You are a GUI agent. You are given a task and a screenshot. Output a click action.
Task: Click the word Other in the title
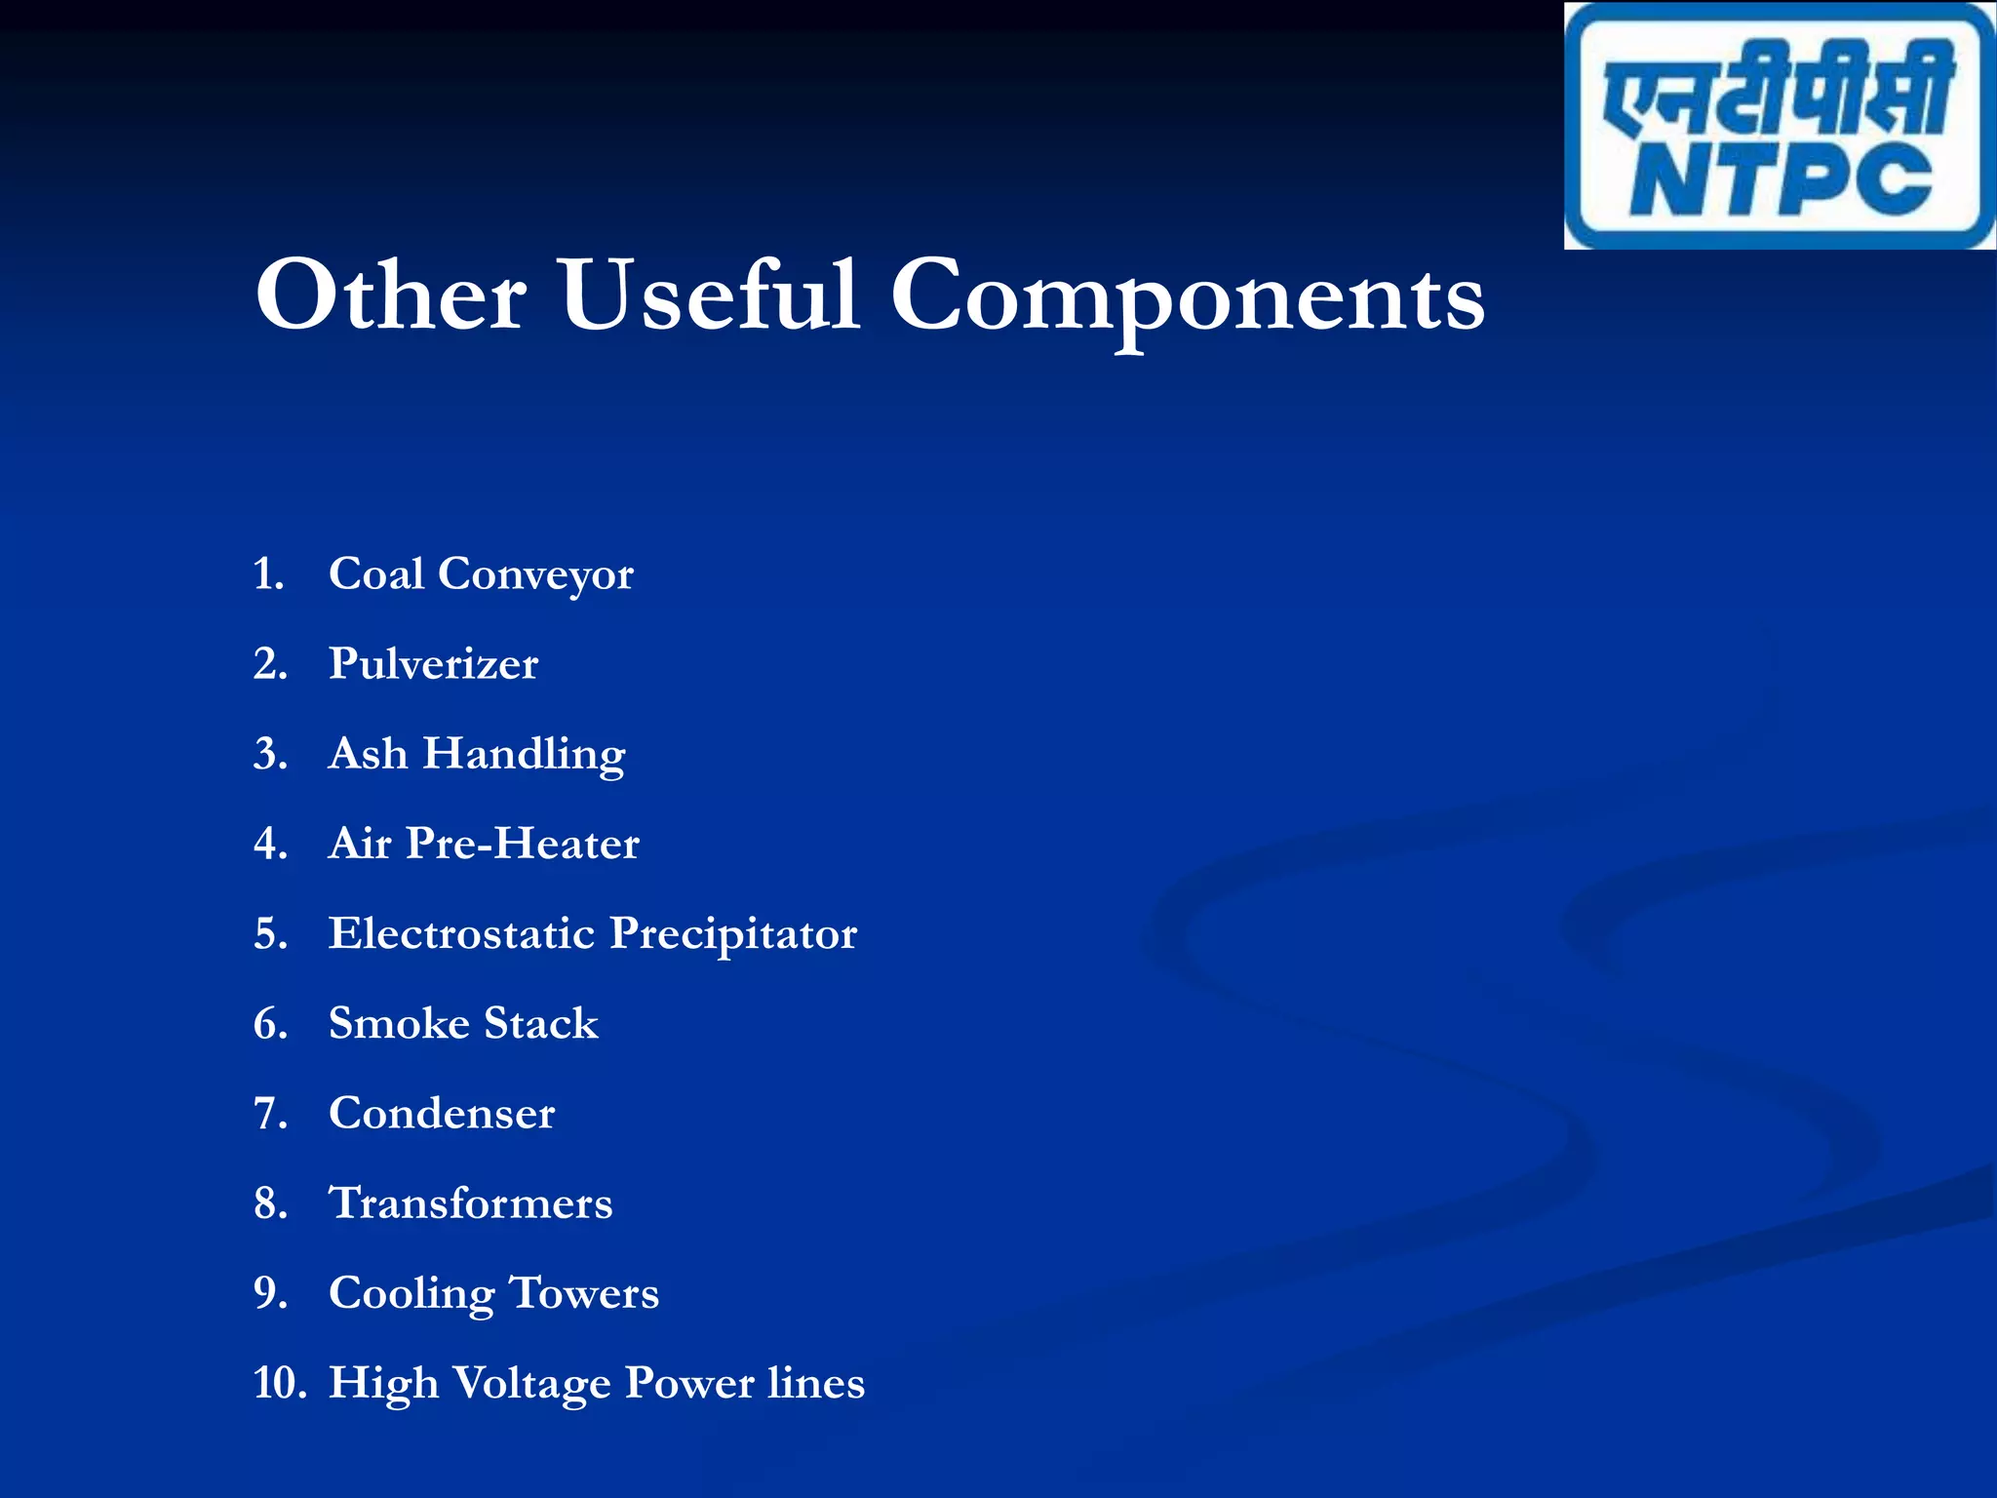(390, 296)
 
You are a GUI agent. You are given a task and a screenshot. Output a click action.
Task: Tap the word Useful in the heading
(709, 296)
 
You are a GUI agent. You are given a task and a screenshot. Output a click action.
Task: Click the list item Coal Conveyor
(481, 574)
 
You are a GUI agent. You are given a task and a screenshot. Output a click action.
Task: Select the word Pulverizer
(433, 664)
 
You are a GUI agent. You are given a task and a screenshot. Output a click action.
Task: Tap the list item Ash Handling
(477, 754)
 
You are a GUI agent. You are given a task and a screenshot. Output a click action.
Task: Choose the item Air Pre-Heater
(484, 844)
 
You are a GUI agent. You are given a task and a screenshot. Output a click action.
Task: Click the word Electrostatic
(461, 933)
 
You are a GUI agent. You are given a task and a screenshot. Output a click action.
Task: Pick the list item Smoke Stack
(463, 1023)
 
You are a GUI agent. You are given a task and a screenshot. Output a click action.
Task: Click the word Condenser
(442, 1114)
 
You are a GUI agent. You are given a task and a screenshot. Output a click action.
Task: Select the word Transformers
(471, 1203)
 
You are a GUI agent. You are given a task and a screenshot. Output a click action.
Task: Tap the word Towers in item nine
(584, 1293)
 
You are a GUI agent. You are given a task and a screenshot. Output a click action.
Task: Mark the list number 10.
(278, 1383)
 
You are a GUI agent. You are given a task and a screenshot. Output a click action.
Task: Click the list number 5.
(270, 934)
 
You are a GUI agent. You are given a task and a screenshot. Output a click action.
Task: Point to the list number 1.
(268, 574)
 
